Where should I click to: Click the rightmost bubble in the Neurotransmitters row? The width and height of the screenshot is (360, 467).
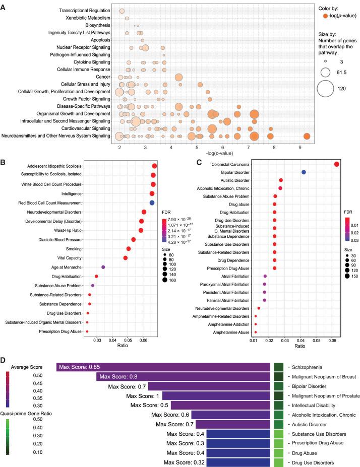click(307, 136)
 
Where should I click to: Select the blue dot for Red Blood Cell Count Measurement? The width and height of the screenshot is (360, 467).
click(152, 203)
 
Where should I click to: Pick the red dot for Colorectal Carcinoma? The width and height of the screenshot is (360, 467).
click(336, 164)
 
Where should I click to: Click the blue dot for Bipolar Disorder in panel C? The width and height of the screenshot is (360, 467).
click(304, 172)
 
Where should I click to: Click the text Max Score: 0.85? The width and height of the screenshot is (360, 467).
click(77, 367)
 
